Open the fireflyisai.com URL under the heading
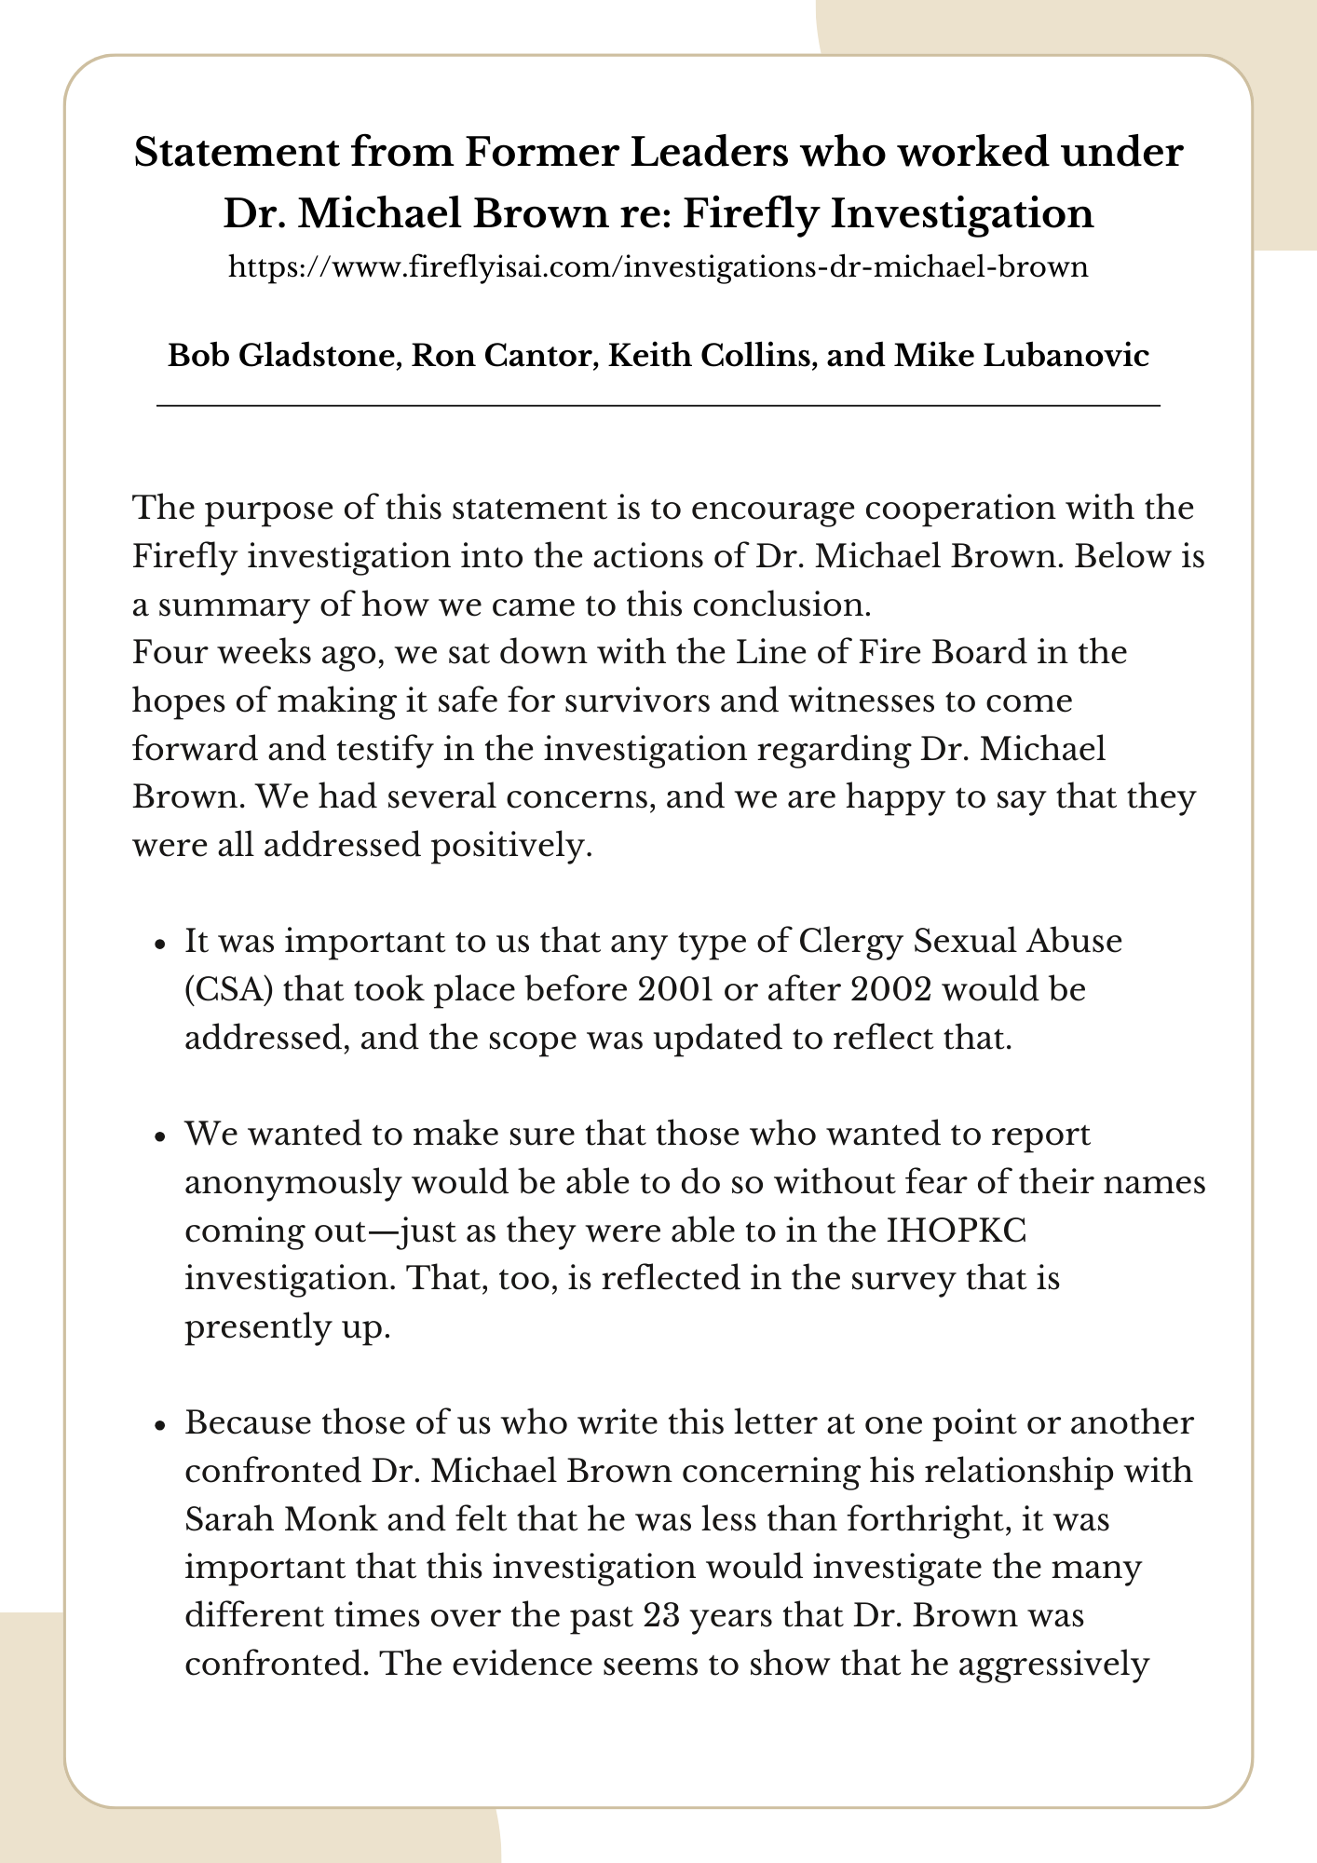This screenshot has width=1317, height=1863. [x=658, y=268]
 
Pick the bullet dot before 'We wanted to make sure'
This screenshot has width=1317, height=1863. [x=161, y=1135]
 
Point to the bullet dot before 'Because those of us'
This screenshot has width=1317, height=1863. [x=161, y=1424]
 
